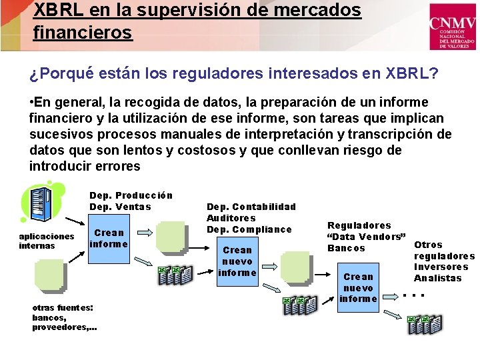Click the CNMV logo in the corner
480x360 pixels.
click(x=452, y=27)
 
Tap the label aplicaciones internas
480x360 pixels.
click(x=47, y=241)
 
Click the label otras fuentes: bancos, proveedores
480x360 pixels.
click(x=64, y=317)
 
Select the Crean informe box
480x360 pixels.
click(x=109, y=238)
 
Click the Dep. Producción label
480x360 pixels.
click(x=131, y=195)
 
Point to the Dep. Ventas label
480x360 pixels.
click(x=120, y=207)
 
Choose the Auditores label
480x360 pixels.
click(x=231, y=218)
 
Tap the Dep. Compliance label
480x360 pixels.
click(x=249, y=229)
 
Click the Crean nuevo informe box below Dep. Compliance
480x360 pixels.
click(x=237, y=261)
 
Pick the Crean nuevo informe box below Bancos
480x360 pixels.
click(x=358, y=287)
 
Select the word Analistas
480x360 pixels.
click(x=437, y=278)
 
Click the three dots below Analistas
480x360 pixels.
click(x=415, y=294)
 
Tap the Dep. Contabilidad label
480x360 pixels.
click(x=251, y=207)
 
